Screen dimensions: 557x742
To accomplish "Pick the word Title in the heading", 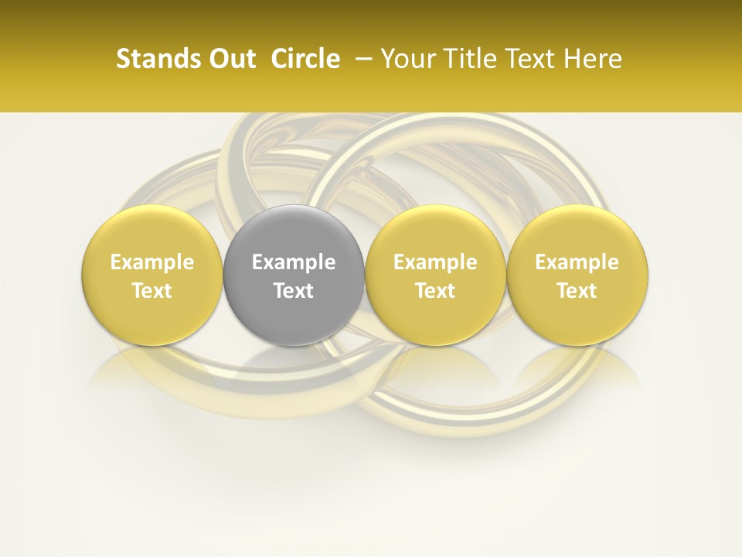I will pyautogui.click(x=468, y=59).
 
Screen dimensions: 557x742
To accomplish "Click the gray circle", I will pyautogui.click(x=294, y=275).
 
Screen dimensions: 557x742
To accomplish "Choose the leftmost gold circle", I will pyautogui.click(x=152, y=275).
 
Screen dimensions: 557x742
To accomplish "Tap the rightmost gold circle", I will pyautogui.click(x=577, y=275).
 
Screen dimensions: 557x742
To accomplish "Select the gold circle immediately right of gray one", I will pyautogui.click(x=435, y=275).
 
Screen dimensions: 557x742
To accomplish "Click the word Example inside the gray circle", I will pyautogui.click(x=294, y=262).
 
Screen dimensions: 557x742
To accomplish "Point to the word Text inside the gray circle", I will pyautogui.click(x=294, y=291).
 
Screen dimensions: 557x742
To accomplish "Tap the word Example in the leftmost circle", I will pyautogui.click(x=152, y=262).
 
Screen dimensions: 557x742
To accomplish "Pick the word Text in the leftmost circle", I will pyautogui.click(x=152, y=291).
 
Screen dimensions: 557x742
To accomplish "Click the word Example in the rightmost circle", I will pyautogui.click(x=577, y=262).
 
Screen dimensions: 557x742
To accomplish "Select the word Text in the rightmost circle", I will pyautogui.click(x=577, y=291).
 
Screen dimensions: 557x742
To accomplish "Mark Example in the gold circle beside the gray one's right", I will pyautogui.click(x=435, y=262).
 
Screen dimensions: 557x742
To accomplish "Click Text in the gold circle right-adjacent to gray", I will pyautogui.click(x=435, y=291).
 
